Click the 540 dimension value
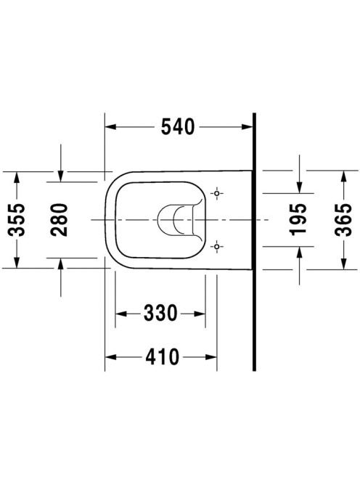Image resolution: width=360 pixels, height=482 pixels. (178, 126)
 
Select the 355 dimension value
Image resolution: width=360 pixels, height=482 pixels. (17, 220)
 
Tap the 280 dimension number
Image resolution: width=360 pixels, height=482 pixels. (59, 220)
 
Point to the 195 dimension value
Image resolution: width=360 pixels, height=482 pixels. (298, 219)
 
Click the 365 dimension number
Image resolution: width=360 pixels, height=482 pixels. (343, 219)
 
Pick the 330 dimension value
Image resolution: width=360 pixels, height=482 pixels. (160, 313)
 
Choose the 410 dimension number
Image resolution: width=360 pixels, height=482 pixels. (162, 357)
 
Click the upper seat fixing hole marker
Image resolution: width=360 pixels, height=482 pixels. (217, 193)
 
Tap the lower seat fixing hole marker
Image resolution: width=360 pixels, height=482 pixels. (217, 247)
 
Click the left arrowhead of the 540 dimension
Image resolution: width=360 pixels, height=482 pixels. (110, 126)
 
